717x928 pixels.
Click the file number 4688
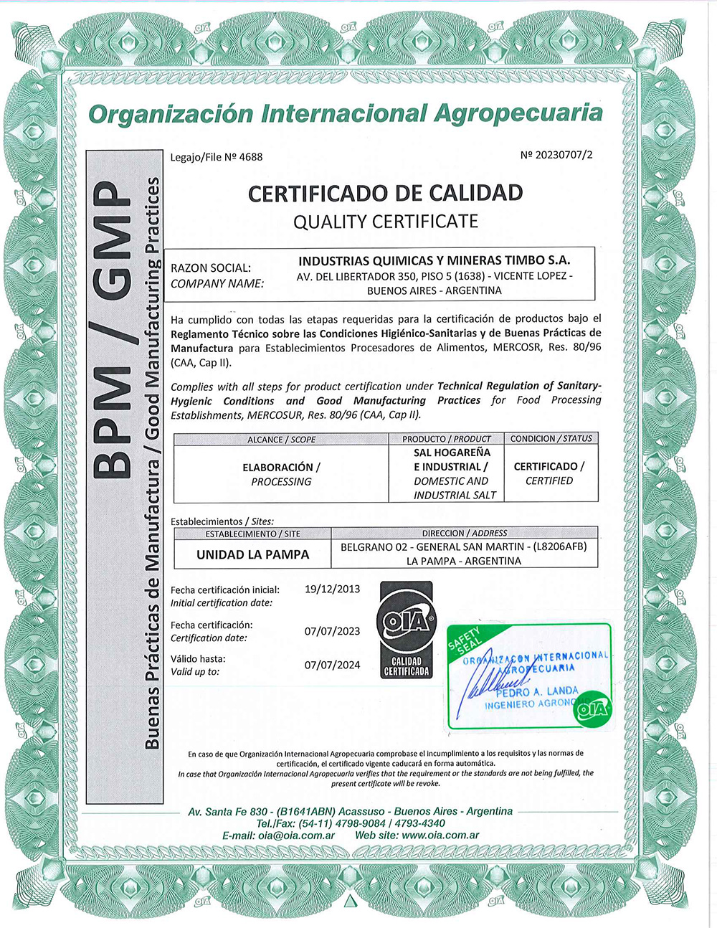point(250,157)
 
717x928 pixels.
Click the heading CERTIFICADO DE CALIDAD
point(385,193)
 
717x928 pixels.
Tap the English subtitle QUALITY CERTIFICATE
point(385,222)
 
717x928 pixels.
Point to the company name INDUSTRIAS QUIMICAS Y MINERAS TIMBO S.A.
point(434,260)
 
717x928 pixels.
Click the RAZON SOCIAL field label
point(211,267)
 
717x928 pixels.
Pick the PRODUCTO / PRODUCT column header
point(447,439)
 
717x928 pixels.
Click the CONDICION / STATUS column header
point(551,438)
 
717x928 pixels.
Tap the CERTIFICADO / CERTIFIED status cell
point(549,473)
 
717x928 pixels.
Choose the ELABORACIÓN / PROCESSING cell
point(281,474)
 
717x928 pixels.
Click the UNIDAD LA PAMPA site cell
point(252,554)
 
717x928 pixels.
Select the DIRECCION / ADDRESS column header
point(464,534)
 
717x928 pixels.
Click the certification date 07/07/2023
point(332,631)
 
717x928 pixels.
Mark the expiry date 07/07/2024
point(332,665)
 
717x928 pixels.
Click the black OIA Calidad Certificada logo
point(406,630)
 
